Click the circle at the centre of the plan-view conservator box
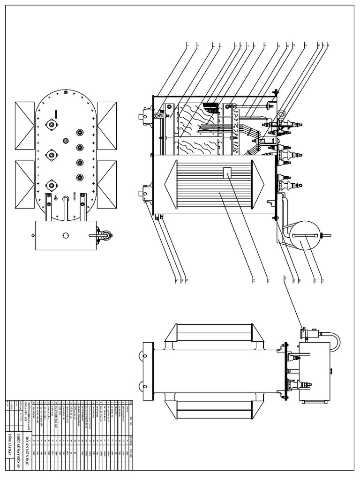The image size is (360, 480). pyautogui.click(x=65, y=236)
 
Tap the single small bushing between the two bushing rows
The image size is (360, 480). pyautogui.click(x=66, y=140)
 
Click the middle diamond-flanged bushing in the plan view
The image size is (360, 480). pyautogui.click(x=50, y=155)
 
